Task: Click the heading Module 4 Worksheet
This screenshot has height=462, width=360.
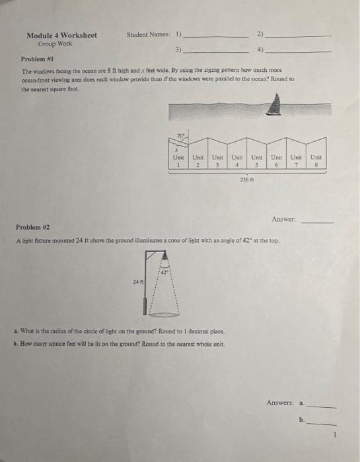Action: [x=61, y=35]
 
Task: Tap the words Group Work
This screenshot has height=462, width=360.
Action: [x=55, y=44]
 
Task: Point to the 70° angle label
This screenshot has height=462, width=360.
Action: [x=180, y=137]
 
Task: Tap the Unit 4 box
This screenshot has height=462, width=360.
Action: [x=236, y=161]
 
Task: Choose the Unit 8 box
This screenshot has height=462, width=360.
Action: [x=316, y=161]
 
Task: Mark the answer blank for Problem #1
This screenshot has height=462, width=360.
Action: [x=318, y=222]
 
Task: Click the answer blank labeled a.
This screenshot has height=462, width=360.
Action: [x=322, y=407]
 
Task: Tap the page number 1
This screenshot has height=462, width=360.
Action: [x=336, y=434]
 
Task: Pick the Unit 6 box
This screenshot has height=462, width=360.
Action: [x=277, y=161]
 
